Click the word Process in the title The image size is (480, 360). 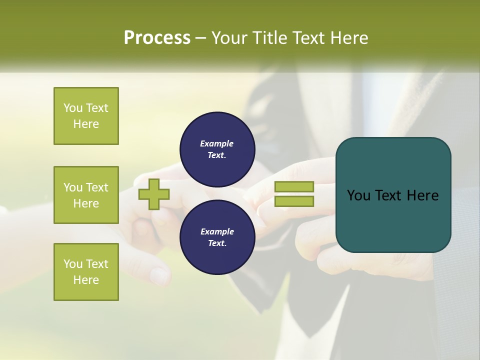click(x=157, y=38)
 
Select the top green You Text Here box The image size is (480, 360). click(x=86, y=116)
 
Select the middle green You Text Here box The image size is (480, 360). click(x=86, y=195)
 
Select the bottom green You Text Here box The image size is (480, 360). click(x=86, y=272)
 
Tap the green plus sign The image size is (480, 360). click(x=154, y=194)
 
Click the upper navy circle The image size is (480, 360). click(x=217, y=149)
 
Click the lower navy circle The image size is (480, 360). click(x=217, y=237)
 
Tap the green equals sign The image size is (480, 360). click(x=294, y=194)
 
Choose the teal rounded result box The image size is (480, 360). click(x=393, y=195)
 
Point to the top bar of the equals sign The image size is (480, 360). click(x=294, y=187)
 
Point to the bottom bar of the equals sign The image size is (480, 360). click(x=294, y=201)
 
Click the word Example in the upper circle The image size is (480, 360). click(x=217, y=143)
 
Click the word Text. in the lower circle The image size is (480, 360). click(x=217, y=243)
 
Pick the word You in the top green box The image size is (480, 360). click(x=73, y=108)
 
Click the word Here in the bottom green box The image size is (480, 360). click(x=86, y=280)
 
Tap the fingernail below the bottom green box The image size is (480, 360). click(x=159, y=274)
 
